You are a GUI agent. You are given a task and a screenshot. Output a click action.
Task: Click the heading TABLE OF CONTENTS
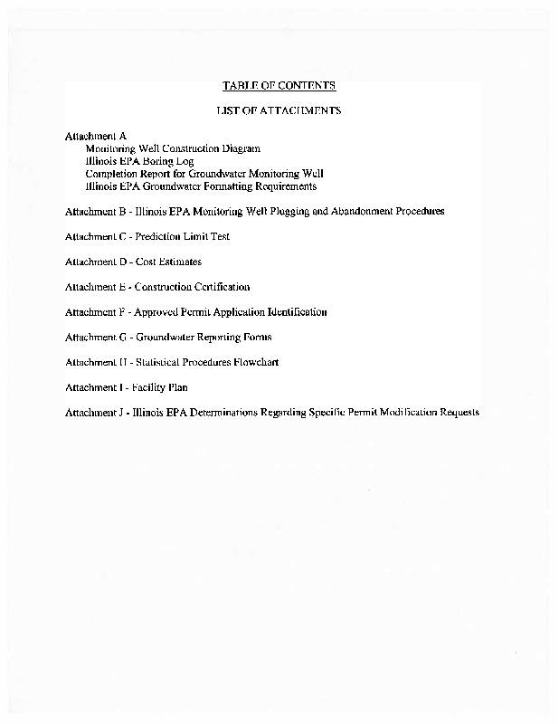[x=279, y=86]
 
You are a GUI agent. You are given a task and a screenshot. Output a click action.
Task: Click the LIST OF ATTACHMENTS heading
[x=279, y=110]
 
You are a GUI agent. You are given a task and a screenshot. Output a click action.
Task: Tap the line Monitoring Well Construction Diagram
[x=173, y=148]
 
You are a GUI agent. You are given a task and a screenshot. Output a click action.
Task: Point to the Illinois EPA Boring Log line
[x=139, y=161]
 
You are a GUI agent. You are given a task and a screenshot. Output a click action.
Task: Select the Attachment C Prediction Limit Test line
[x=147, y=236]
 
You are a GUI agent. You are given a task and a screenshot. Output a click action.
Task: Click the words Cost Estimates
[x=168, y=262]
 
